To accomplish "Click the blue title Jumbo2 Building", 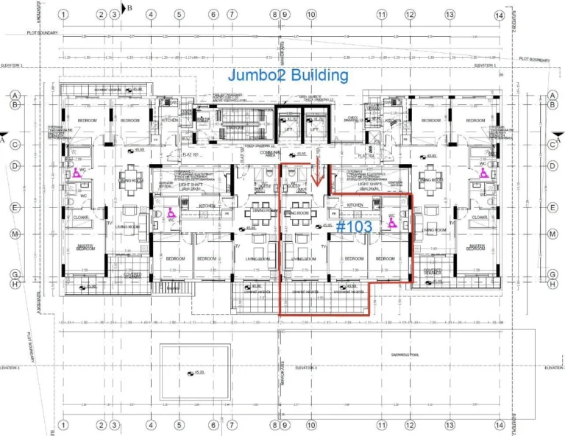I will coord(288,75).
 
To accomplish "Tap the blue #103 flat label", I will coord(354,227).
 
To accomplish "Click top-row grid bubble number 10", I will coord(311,15).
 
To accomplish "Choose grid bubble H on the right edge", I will coord(552,284).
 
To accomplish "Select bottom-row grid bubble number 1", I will coord(64,424).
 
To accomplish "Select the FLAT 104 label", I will coord(366,155).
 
